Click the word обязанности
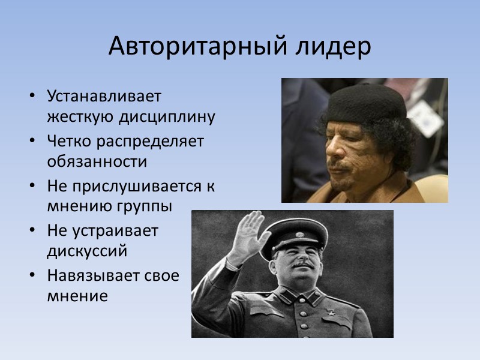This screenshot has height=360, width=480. [x=97, y=162]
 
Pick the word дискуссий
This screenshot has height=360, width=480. [x=87, y=251]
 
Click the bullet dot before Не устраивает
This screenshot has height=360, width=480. [x=31, y=231]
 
